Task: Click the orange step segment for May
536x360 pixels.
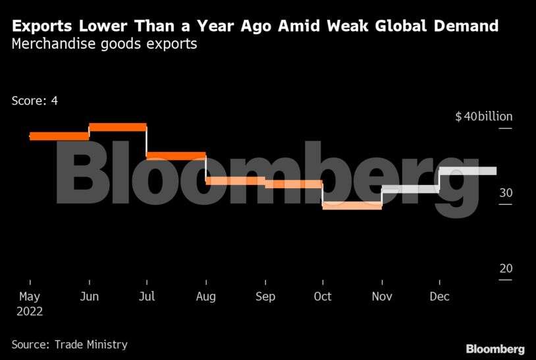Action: (59, 136)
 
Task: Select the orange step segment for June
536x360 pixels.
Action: (117, 127)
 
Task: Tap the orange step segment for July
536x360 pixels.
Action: (176, 156)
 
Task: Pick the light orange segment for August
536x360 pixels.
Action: (235, 180)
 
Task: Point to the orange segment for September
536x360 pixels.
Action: (293, 184)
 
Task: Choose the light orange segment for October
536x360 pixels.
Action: (352, 205)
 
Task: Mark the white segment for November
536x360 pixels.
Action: (410, 189)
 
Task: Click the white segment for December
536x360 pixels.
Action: (468, 171)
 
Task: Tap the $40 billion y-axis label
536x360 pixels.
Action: (483, 116)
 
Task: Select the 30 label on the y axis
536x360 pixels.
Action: (505, 193)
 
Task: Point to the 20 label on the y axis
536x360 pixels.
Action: (505, 269)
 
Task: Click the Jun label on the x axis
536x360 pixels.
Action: (89, 297)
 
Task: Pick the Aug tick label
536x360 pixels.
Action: (206, 297)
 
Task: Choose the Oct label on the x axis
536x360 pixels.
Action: (323, 297)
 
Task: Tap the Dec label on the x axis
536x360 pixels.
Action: (439, 297)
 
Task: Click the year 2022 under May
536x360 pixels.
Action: (30, 311)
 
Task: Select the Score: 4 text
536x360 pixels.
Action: (35, 101)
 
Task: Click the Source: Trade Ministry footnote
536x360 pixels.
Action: (69, 344)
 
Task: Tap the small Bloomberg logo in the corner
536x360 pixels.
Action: (495, 349)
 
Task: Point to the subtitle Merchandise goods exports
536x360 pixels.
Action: (104, 45)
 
